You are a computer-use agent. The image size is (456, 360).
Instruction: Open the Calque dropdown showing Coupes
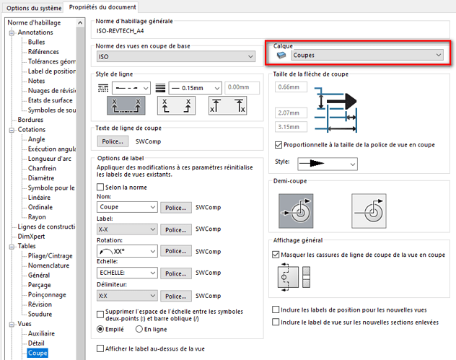tap(367, 55)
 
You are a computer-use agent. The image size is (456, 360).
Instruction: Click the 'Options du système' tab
tap(34, 8)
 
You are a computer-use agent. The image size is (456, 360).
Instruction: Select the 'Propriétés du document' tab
tap(102, 7)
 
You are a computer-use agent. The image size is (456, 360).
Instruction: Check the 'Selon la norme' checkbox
tap(100, 187)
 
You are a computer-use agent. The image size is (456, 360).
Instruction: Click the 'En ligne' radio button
tap(139, 329)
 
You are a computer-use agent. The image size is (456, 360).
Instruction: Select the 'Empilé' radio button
tap(100, 329)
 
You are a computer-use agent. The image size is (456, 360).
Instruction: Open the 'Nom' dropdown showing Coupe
tap(127, 207)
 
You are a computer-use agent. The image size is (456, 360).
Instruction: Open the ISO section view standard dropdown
tap(175, 56)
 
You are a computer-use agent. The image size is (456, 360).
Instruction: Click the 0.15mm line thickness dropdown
tap(195, 88)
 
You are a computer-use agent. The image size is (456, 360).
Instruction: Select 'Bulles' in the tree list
tap(36, 42)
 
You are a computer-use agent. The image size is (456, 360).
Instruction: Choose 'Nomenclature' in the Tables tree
tap(48, 265)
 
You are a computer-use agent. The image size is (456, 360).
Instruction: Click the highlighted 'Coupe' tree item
tap(38, 353)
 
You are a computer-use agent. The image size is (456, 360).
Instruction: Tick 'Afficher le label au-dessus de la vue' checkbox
tap(100, 348)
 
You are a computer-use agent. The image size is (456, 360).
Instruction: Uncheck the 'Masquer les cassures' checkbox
tap(276, 255)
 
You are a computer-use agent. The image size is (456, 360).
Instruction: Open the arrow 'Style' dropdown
tap(328, 164)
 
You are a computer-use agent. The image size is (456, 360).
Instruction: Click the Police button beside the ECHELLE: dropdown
tap(176, 273)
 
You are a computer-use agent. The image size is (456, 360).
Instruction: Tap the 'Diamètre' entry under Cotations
tap(41, 177)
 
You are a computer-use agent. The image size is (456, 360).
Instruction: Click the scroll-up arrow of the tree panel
tap(80, 22)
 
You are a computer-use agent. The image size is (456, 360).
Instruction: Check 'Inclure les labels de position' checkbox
tap(276, 309)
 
